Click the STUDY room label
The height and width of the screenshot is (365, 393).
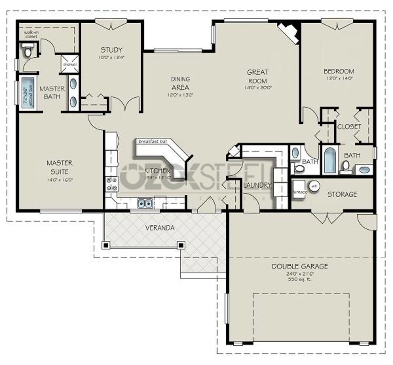(x=111, y=50)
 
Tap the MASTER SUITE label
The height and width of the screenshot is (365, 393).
(x=59, y=167)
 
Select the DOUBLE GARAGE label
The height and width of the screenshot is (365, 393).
(x=300, y=266)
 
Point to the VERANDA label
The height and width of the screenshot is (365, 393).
(x=160, y=228)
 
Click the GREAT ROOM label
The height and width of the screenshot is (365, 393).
(x=258, y=76)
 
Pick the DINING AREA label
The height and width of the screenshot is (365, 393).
(x=180, y=83)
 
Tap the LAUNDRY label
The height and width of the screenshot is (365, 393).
(x=257, y=185)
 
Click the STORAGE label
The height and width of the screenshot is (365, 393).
(x=342, y=194)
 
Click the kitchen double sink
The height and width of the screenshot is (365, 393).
(x=145, y=203)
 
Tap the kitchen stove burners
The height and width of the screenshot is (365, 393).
(x=111, y=184)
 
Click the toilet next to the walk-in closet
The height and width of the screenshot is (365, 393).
(x=27, y=50)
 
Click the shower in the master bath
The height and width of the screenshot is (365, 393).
(x=70, y=64)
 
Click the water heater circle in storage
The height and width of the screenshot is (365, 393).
(x=314, y=185)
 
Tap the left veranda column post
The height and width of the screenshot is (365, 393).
(x=106, y=245)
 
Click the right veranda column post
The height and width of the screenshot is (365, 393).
(x=181, y=244)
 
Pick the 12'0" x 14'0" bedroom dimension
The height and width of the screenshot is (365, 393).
(x=339, y=78)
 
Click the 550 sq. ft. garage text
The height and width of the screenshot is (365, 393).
(x=300, y=279)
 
